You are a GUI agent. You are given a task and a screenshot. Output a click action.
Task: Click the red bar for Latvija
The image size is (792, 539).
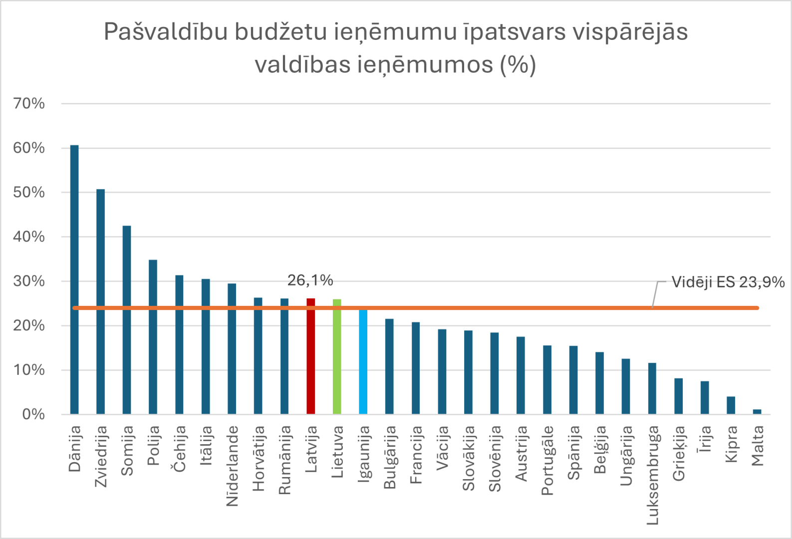[x=310, y=357]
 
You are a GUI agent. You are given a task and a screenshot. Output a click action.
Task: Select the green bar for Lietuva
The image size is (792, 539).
[x=337, y=357]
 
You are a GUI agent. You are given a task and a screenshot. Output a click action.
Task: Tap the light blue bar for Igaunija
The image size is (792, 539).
[x=363, y=362]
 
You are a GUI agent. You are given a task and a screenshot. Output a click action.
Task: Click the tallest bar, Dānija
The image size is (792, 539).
[x=74, y=279]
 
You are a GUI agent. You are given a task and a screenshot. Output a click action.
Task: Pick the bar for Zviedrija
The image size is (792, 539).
[x=100, y=302]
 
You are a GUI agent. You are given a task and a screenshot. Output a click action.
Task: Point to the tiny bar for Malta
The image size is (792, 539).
[x=757, y=412]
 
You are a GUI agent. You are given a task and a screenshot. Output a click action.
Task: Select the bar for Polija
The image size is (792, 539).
[x=153, y=337]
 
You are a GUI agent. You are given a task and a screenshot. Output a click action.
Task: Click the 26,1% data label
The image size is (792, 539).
[x=310, y=280]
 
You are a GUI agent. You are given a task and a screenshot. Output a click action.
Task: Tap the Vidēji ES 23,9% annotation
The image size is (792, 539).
[x=728, y=282]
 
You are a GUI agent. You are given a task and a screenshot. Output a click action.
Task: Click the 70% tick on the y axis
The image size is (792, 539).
[x=29, y=104]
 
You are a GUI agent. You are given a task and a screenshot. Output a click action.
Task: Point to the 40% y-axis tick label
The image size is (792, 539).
[x=29, y=237]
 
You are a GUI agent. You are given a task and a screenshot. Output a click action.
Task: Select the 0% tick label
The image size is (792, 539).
[x=33, y=414]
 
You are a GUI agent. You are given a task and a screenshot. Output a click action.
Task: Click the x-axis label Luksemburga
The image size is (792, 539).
[x=653, y=475]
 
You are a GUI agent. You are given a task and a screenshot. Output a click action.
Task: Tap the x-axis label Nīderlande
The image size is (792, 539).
[x=232, y=466]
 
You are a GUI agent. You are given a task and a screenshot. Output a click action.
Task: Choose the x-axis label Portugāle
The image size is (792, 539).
[x=547, y=460]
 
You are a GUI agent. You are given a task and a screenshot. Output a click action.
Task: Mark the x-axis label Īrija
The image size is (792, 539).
[x=705, y=439]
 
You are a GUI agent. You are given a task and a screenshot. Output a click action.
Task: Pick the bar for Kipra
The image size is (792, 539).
[x=731, y=405]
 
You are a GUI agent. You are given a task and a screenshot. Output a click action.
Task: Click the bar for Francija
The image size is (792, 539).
[x=416, y=368]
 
